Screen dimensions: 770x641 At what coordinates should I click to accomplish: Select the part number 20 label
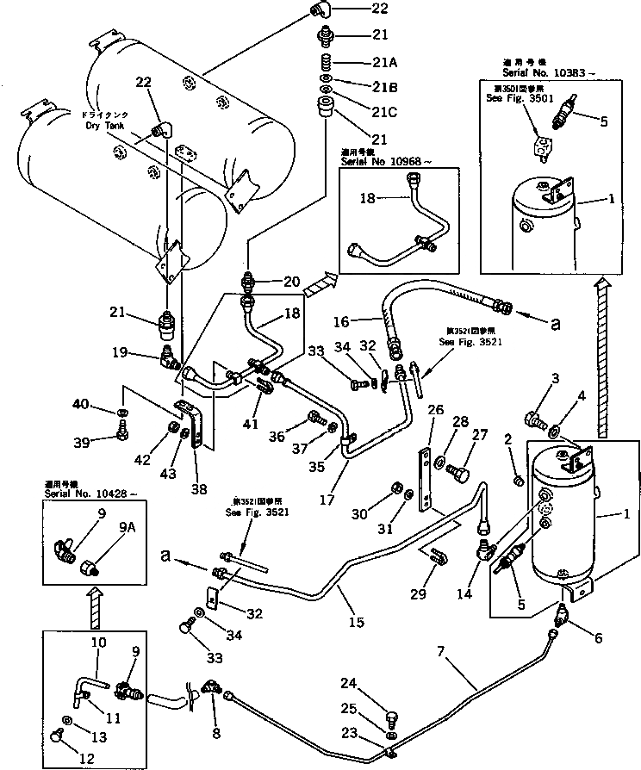pos(291,281)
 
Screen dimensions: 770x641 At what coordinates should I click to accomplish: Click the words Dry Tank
pos(105,126)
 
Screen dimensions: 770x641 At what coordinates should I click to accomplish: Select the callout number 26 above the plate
pos(436,409)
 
